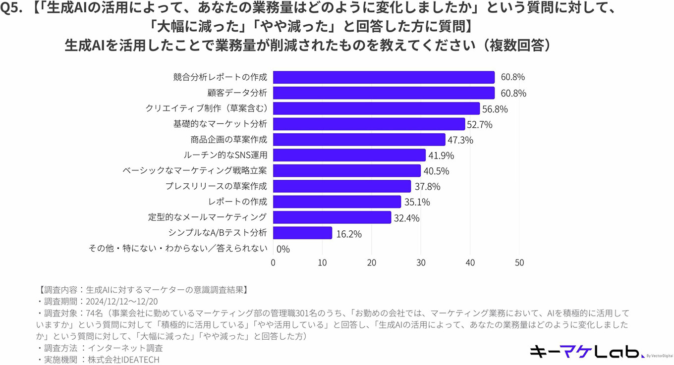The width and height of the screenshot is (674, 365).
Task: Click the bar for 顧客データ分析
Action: (384, 93)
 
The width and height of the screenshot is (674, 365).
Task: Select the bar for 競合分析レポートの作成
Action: (384, 77)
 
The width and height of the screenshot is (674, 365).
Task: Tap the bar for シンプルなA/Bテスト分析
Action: (302, 233)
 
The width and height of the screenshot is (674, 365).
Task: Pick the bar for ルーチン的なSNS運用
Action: (349, 156)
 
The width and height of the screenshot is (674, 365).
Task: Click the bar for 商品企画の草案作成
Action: (359, 140)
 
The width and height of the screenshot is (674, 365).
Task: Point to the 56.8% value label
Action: (495, 109)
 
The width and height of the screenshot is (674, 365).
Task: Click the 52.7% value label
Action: (480, 125)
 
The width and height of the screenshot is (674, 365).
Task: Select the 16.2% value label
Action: (349, 233)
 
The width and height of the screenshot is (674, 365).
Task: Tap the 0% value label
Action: (283, 249)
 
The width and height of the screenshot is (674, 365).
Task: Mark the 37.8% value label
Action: (428, 187)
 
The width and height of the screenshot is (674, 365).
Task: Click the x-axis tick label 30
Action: (421, 262)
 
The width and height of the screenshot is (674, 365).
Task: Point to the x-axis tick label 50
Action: (519, 262)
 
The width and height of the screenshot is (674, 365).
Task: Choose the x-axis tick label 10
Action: (322, 262)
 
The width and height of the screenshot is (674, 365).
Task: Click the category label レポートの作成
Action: (238, 202)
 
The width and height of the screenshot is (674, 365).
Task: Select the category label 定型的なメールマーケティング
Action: (208, 217)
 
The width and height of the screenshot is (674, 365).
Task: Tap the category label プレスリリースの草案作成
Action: (216, 186)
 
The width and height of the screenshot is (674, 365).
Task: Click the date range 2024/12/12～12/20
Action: (122, 301)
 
